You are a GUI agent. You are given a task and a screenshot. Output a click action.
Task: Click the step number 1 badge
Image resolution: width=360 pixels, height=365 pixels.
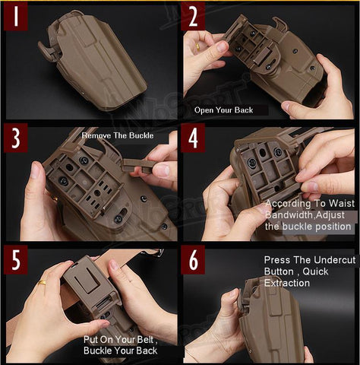pos(16,16)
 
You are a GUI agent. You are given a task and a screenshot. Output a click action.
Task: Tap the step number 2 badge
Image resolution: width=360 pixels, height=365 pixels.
pos(193,16)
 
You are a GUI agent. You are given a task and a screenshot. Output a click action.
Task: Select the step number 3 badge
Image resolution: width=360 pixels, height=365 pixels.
pos(16,138)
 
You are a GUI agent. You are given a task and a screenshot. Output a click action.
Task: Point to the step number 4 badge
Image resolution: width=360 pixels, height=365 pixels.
pos(193,138)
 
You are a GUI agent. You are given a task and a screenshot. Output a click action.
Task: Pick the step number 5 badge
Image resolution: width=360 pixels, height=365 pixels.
pos(16,259)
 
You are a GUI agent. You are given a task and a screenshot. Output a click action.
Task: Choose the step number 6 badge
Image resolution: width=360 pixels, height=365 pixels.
pos(193,259)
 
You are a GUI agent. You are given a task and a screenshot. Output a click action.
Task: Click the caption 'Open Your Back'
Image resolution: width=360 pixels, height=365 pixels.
pos(223,110)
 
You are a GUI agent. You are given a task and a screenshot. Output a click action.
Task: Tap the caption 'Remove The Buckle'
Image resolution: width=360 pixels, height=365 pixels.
pos(118,135)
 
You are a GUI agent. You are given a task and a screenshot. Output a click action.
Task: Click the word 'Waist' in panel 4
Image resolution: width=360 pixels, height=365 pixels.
pos(342,203)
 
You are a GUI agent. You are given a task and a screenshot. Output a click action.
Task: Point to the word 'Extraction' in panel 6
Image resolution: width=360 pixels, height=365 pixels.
pos(287,283)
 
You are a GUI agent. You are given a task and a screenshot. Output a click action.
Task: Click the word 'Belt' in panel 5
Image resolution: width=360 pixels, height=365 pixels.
pos(145,339)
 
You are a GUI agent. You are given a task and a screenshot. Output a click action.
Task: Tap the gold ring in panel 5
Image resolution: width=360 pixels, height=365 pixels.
pos(42,282)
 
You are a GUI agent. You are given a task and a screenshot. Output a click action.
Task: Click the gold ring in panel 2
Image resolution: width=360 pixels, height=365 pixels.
pos(197,46)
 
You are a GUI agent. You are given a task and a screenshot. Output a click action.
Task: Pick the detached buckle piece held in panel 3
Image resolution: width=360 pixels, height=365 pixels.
pos(137,165)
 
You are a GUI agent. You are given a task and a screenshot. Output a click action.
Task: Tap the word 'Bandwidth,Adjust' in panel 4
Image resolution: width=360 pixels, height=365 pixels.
pos(305,215)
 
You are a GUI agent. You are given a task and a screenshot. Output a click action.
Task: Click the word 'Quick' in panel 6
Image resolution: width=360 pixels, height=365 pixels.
pos(315,271)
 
